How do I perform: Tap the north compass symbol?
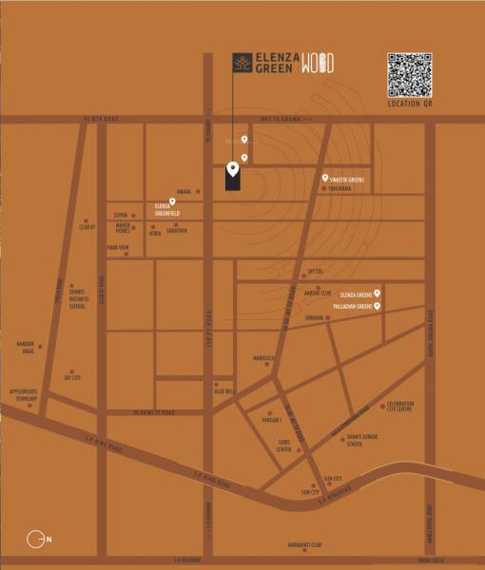37,539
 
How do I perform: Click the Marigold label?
263,358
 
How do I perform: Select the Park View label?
118,248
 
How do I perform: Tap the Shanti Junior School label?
353,440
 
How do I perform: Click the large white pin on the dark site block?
232,170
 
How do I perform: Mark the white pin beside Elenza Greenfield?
171,201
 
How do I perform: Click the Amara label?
184,192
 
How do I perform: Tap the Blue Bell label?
223,390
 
